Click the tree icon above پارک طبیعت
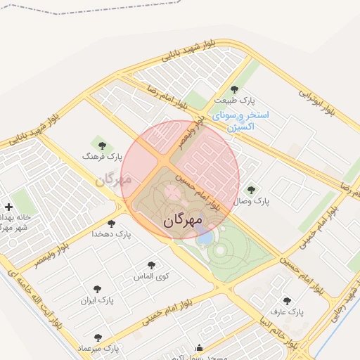[x=234, y=89]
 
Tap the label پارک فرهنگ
[x=103, y=155]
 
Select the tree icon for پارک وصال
[x=251, y=190]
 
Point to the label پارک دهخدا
[x=112, y=233]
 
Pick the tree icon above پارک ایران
[x=97, y=288]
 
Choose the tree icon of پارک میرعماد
[x=98, y=337]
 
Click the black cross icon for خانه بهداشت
[x=8, y=207]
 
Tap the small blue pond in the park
[x=205, y=237]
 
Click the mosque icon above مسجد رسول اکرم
[x=199, y=347]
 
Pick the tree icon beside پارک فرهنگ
[x=103, y=146]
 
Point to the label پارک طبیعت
[x=235, y=100]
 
